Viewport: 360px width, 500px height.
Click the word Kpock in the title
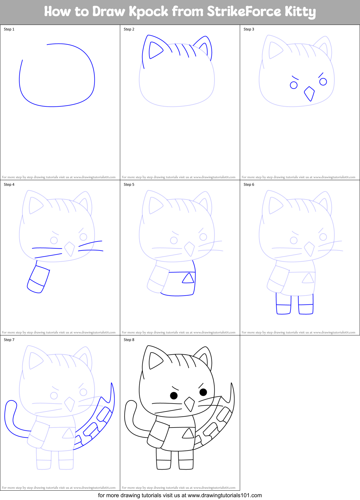(x=148, y=12)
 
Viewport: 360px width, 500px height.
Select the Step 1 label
(x=9, y=29)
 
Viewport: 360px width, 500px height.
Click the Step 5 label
(x=129, y=185)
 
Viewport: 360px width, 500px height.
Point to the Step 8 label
(x=129, y=340)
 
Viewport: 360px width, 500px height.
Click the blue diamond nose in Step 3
(x=309, y=94)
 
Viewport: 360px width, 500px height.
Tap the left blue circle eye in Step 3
(x=294, y=85)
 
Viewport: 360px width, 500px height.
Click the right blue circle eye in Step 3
(x=323, y=82)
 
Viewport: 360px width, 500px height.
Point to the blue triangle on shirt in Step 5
(x=188, y=278)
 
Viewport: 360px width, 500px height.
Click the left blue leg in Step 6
(x=283, y=305)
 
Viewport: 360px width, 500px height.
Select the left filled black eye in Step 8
(x=174, y=395)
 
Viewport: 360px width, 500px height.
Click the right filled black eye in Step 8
(x=203, y=392)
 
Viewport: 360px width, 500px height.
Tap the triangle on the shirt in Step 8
(x=188, y=433)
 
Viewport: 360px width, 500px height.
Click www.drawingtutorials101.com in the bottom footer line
(x=225, y=495)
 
